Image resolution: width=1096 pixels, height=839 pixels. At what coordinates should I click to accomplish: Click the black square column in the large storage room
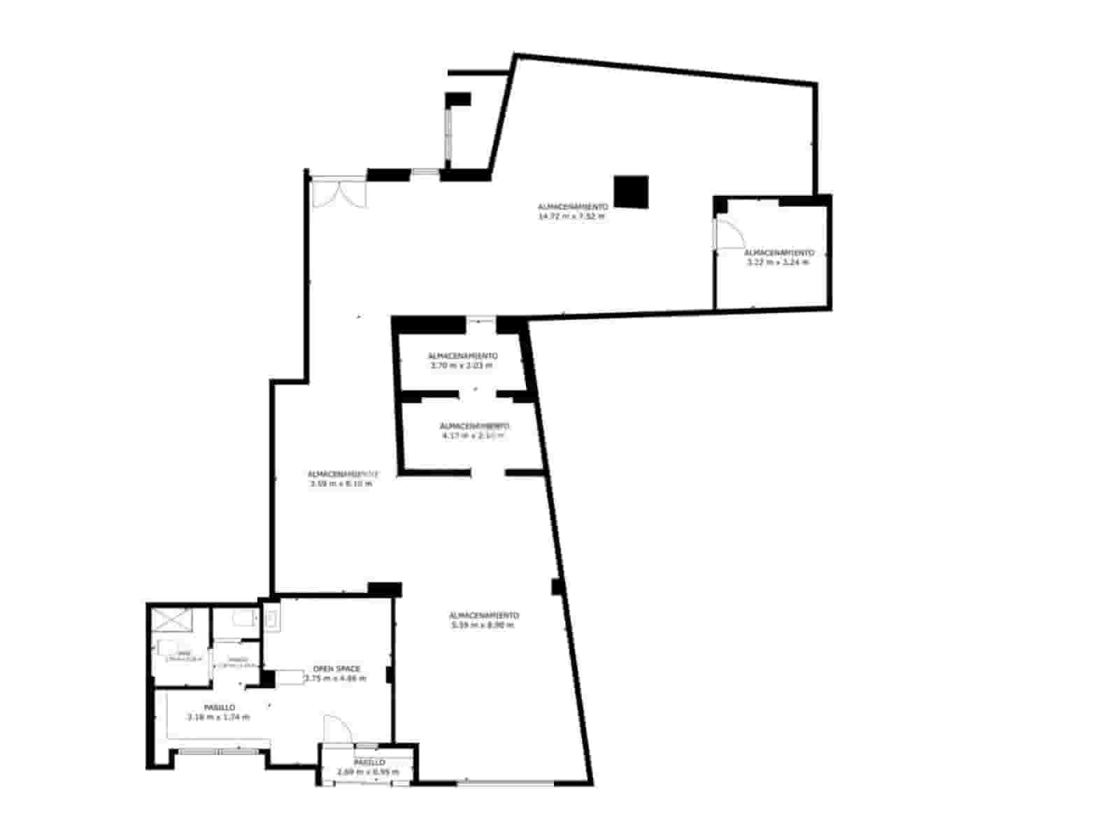(631, 192)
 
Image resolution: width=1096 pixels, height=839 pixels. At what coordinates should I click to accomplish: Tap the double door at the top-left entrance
(339, 193)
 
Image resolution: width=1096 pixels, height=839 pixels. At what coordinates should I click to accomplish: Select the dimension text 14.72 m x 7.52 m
(571, 217)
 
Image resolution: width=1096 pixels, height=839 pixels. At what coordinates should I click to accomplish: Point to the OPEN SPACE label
(336, 669)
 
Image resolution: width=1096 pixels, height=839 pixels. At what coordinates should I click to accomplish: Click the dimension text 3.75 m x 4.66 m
(335, 678)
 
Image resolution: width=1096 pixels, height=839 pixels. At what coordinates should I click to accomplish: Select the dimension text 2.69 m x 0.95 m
(368, 772)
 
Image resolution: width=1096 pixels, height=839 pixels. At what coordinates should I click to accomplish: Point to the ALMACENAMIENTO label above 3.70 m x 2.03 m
(462, 356)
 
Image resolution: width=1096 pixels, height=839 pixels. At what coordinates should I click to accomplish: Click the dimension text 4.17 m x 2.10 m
(474, 436)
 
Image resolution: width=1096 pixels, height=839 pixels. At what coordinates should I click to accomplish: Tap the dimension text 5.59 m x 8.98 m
(483, 625)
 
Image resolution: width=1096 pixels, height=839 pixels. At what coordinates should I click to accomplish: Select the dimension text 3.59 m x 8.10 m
(341, 483)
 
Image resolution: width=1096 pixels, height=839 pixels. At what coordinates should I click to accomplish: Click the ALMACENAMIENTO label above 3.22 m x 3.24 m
(778, 252)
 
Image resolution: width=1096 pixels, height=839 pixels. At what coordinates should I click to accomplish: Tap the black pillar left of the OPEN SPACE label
(267, 679)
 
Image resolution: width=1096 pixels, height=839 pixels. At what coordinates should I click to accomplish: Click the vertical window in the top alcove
(448, 135)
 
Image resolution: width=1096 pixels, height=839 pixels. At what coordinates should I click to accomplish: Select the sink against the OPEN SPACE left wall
(271, 619)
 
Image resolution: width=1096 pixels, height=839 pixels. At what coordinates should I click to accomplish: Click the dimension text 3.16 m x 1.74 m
(219, 717)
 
